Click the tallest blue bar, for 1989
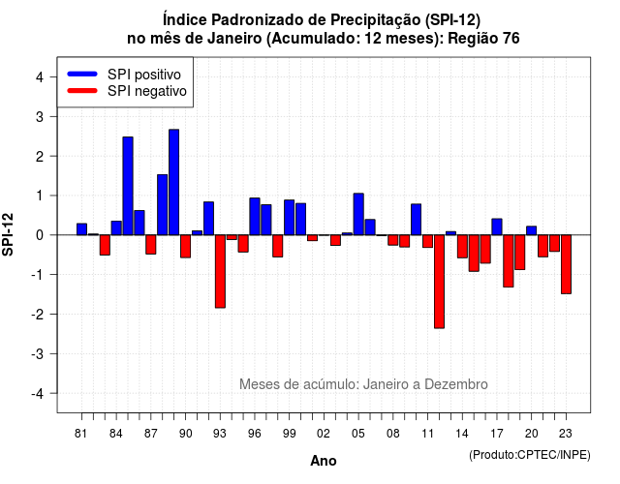tap(174, 182)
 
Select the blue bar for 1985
tap(128, 186)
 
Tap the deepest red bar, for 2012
tap(439, 282)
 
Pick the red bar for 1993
tap(220, 271)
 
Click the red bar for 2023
tap(566, 264)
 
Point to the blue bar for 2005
tap(358, 214)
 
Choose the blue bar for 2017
tap(497, 227)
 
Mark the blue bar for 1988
tap(162, 204)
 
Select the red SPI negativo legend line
tap(82, 91)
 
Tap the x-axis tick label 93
tap(220, 434)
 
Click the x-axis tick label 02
tap(324, 434)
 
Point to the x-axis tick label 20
tap(532, 434)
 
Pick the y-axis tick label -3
tap(38, 354)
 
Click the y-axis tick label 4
tap(40, 77)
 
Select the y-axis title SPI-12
tap(8, 234)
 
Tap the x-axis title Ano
tap(324, 461)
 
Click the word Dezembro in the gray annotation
tap(456, 384)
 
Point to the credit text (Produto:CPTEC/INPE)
tap(530, 455)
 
